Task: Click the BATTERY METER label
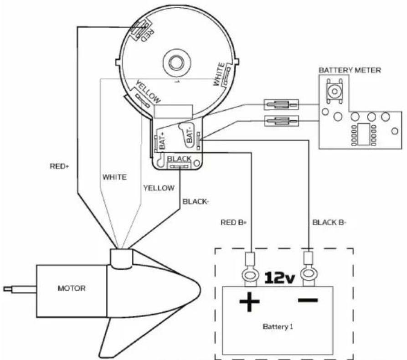coord(349,71)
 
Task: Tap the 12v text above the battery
coord(279,277)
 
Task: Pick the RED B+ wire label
coord(233,223)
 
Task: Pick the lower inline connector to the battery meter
coord(279,121)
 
